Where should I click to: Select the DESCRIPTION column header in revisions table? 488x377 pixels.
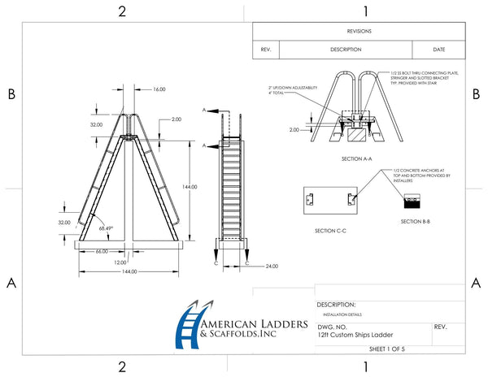[345, 50]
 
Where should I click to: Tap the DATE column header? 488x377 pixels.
[439, 50]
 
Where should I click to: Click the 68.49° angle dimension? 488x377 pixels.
[106, 228]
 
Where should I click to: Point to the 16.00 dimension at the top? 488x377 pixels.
[159, 89]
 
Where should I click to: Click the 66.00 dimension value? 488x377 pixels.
[102, 252]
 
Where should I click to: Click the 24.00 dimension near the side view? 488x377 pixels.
[272, 265]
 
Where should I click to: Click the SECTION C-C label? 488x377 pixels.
[330, 231]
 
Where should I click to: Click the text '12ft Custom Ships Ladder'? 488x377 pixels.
[351, 332]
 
